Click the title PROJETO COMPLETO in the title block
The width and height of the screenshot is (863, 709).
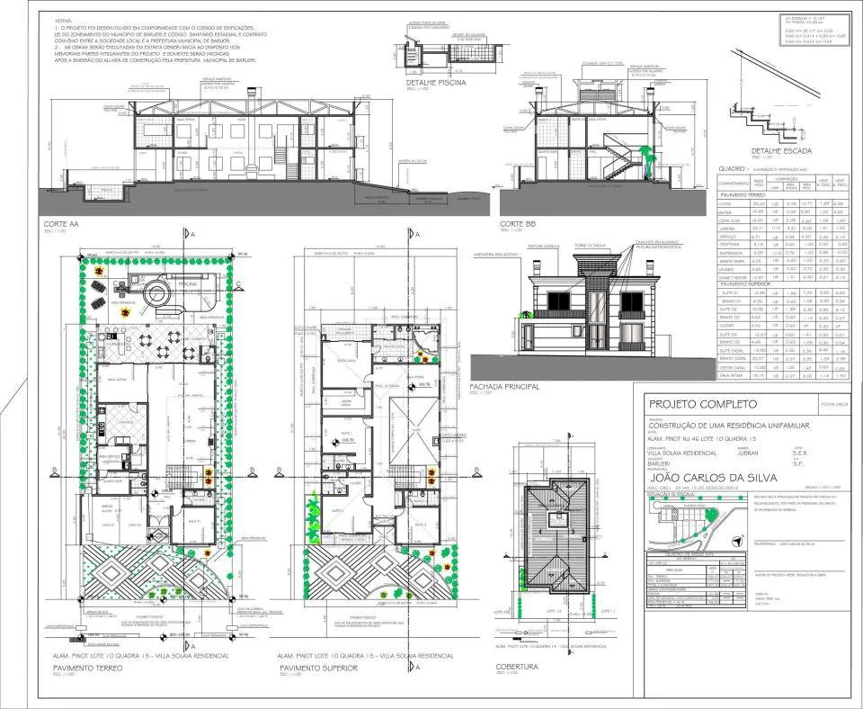pos(702,405)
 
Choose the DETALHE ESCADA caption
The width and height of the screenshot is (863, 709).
pos(763,150)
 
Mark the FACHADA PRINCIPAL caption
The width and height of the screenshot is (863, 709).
pos(504,386)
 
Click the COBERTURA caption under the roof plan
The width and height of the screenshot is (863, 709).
pos(517,667)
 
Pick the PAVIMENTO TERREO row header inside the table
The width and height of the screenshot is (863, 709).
pos(748,195)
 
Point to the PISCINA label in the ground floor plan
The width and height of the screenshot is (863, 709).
pos(188,285)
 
